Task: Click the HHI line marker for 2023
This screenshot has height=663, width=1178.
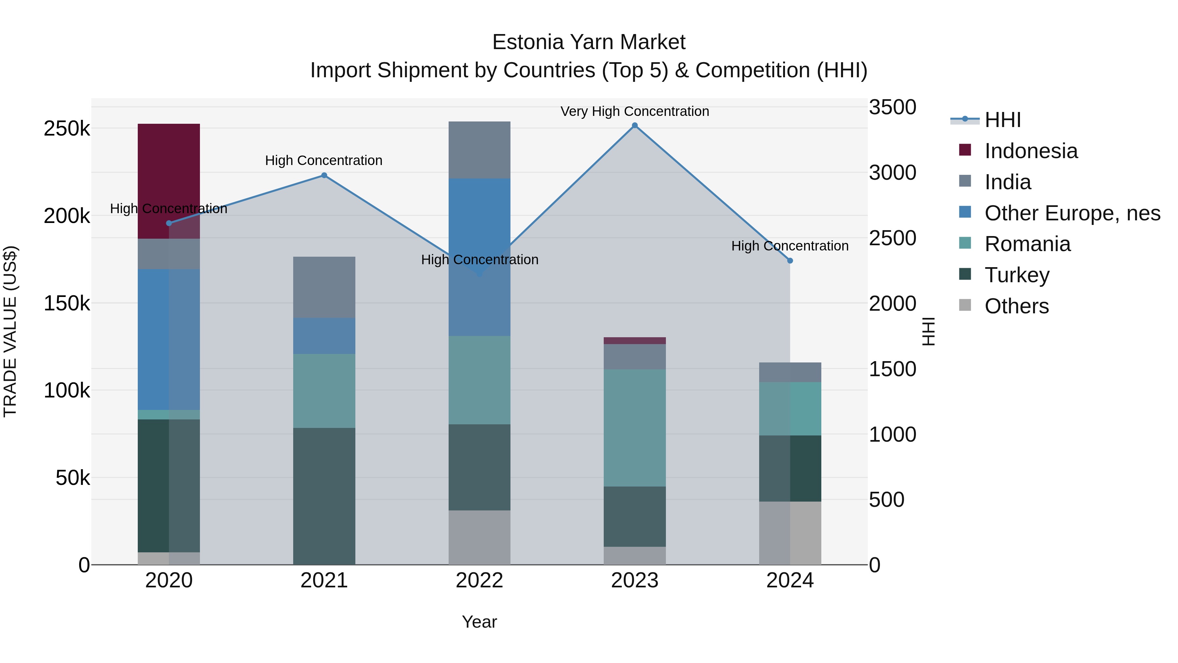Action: [x=635, y=125]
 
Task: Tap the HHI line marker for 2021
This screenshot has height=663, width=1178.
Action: [x=324, y=175]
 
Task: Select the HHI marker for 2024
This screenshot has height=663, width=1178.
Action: [x=790, y=261]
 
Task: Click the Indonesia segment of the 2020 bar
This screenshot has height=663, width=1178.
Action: [x=169, y=181]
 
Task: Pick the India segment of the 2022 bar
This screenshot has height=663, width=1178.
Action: [x=479, y=150]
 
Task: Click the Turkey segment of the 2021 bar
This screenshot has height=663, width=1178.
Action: [x=324, y=496]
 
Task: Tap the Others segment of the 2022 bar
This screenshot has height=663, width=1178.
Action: [x=479, y=537]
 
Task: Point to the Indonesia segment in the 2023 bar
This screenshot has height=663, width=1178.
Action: [x=635, y=341]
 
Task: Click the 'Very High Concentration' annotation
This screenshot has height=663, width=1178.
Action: [x=635, y=111]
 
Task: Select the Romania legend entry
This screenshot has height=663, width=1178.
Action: [x=1027, y=244]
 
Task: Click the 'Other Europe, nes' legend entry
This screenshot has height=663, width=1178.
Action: [x=1072, y=213]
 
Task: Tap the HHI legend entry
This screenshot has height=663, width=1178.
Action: [x=1002, y=120]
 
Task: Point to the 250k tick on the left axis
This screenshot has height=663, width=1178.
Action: [x=67, y=129]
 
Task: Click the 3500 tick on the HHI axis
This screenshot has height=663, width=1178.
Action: [x=892, y=107]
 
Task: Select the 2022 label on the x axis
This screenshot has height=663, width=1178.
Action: [x=479, y=580]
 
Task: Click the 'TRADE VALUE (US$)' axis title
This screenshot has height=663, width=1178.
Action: [x=10, y=331]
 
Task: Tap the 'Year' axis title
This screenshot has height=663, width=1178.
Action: [x=479, y=622]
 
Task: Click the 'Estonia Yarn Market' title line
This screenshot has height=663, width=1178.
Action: [x=589, y=42]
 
